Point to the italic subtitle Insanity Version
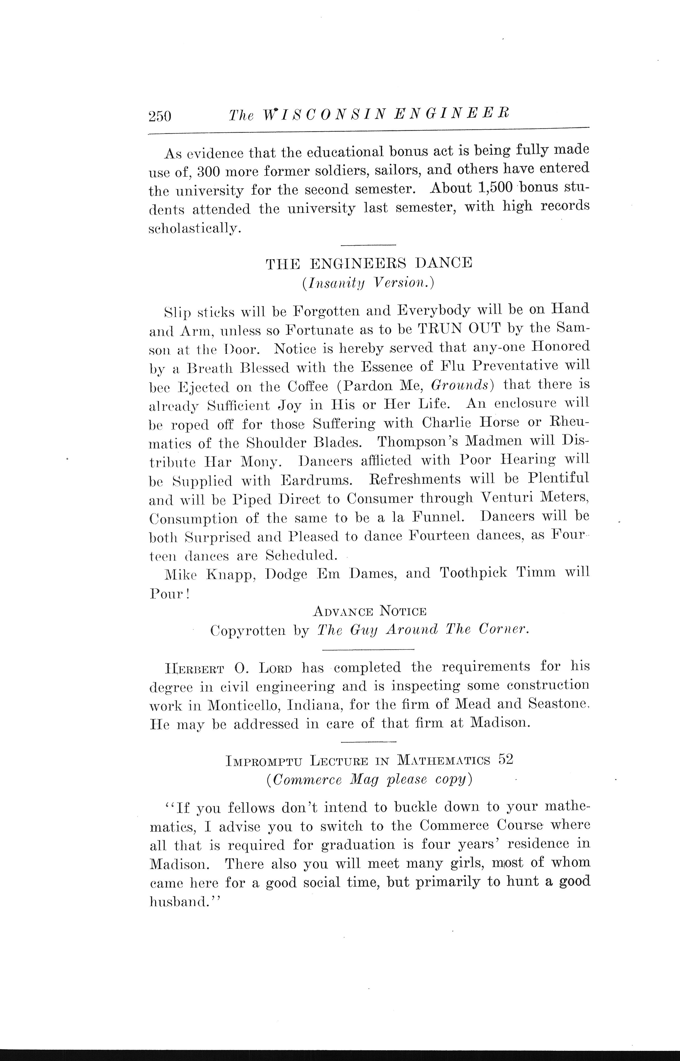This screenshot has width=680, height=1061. pyautogui.click(x=369, y=283)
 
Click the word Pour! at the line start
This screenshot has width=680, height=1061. pyautogui.click(x=169, y=594)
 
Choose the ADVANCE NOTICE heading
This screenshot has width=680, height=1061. pyautogui.click(x=369, y=611)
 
